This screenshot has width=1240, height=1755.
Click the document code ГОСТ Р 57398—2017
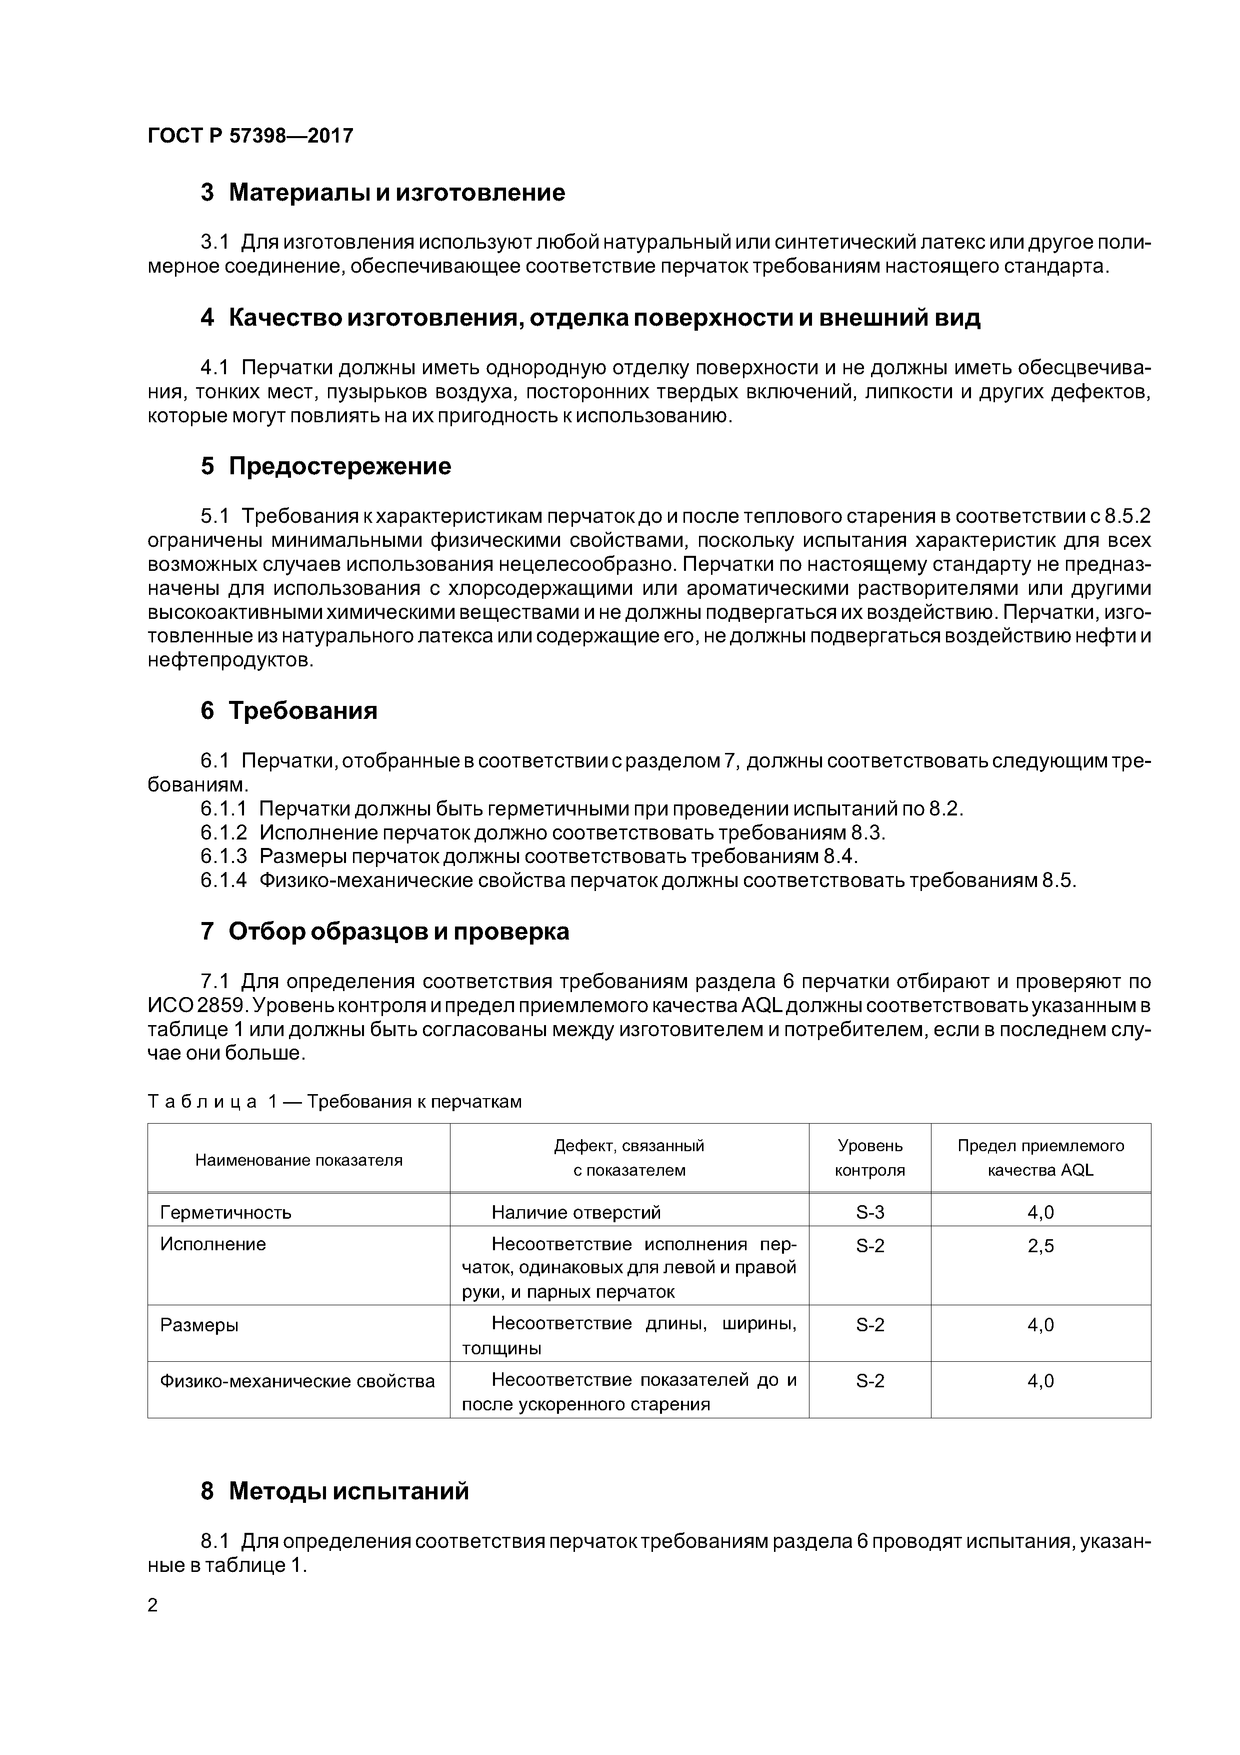(x=250, y=136)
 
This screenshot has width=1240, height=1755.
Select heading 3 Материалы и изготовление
(x=383, y=193)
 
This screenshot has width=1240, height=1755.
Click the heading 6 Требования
(x=289, y=711)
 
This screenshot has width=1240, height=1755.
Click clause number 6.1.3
(x=224, y=856)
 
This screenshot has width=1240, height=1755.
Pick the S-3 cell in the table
(x=869, y=1212)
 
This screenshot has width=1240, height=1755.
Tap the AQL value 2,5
(x=1040, y=1246)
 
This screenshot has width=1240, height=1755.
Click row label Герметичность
(x=225, y=1212)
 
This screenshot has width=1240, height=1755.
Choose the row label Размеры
(x=198, y=1325)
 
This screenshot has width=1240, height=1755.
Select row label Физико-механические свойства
(x=297, y=1381)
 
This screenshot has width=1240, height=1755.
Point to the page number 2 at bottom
(x=153, y=1605)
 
